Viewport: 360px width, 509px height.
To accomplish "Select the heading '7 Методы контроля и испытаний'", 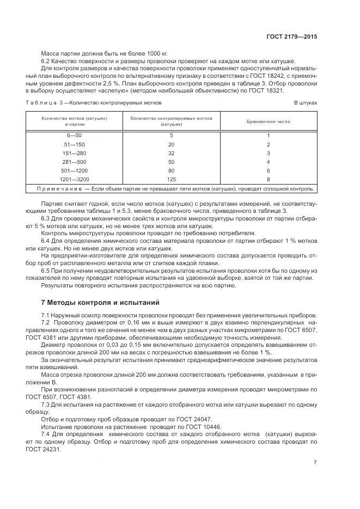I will [x=97, y=302].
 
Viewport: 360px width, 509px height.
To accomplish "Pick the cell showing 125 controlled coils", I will [x=171, y=179].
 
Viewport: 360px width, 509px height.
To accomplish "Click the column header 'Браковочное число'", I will [x=268, y=121].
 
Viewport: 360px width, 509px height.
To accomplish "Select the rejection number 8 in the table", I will [x=268, y=179].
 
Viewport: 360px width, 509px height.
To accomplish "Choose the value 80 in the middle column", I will [x=171, y=170].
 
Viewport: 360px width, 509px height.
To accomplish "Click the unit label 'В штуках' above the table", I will [x=306, y=102].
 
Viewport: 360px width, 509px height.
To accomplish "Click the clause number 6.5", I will [x=46, y=271].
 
